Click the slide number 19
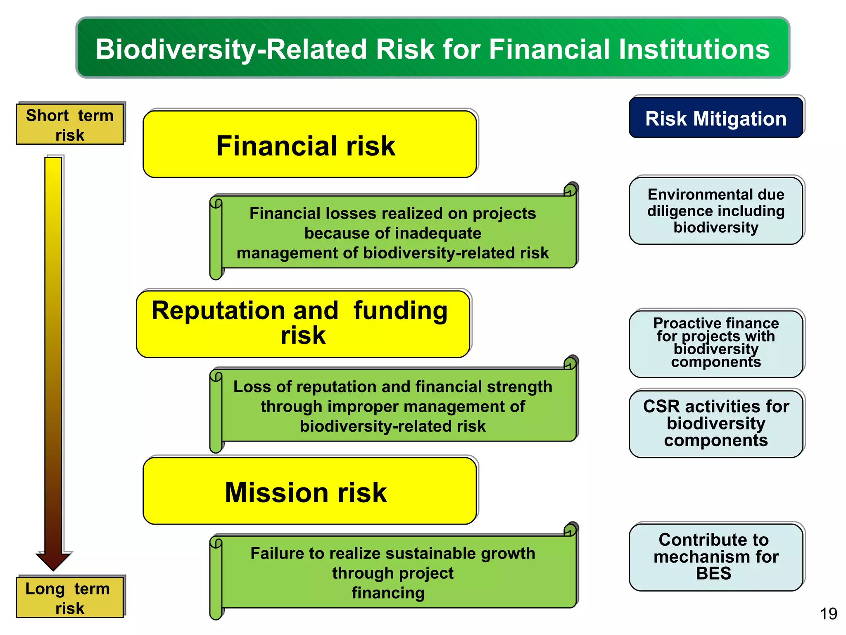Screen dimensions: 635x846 [x=828, y=614]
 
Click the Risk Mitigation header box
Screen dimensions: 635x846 [x=715, y=118]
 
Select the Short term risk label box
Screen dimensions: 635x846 [x=70, y=124]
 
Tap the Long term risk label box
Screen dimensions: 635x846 [x=70, y=598]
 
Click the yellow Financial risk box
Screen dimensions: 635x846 [x=310, y=145]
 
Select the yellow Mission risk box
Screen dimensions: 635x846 [x=310, y=492]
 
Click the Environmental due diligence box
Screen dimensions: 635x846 [x=715, y=211]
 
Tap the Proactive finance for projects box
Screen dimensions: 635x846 [x=715, y=343]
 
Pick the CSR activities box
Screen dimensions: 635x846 [x=715, y=423]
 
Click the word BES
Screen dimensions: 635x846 [x=713, y=574]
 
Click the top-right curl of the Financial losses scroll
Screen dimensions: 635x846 [x=571, y=189]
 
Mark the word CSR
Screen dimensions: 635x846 [x=661, y=406]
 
